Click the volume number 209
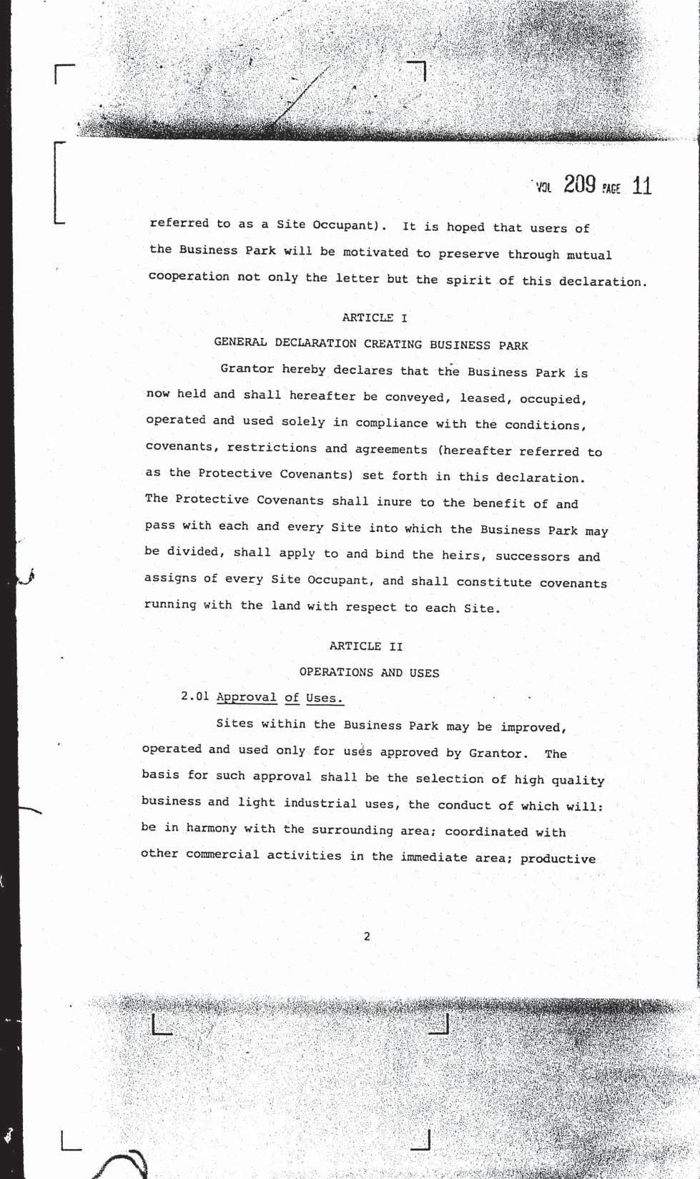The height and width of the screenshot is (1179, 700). coord(579,185)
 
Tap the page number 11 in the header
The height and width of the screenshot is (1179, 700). coord(641,187)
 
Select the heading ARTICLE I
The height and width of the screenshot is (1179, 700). coord(374,317)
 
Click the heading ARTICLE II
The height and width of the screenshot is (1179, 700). coord(366,646)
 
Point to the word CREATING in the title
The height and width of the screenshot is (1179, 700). coord(393,345)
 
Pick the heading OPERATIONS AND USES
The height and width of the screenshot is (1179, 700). coord(369,673)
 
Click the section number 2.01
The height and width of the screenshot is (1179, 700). coord(195,696)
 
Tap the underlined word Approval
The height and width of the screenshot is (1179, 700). coord(246,697)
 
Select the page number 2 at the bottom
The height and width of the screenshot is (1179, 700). coord(367,937)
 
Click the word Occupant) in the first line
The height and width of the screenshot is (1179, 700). coord(345,225)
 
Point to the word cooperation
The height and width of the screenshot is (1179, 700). coord(189,277)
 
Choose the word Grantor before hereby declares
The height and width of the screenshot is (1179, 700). coord(247,369)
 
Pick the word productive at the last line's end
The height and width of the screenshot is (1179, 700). coord(558,859)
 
